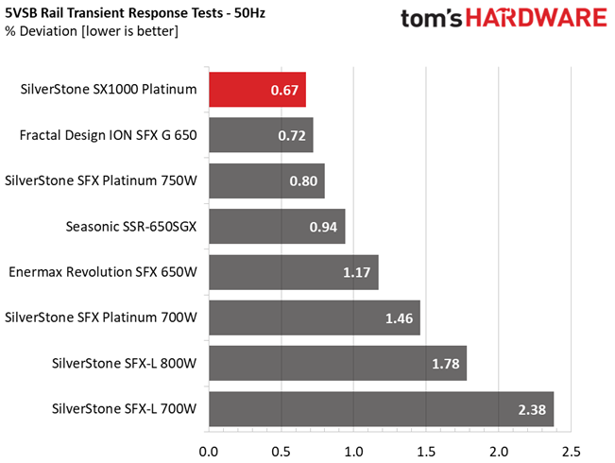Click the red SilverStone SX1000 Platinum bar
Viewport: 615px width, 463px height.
[257, 90]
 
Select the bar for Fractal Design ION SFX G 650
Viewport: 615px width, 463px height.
[261, 135]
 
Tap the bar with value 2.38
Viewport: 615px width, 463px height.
[382, 409]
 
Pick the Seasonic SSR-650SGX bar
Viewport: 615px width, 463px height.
[277, 227]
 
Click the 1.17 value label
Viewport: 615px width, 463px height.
[356, 272]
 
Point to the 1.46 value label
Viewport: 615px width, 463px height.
[399, 318]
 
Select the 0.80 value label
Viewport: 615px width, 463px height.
[303, 180]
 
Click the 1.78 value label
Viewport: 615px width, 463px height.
[446, 364]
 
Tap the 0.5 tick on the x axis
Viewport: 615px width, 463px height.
[282, 452]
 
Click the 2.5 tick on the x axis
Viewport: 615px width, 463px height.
[571, 452]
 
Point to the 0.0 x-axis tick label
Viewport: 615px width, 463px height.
[209, 452]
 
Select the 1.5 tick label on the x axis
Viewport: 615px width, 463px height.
[426, 452]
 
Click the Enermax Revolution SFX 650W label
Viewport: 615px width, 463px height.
[103, 272]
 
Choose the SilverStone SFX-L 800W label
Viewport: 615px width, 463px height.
[125, 363]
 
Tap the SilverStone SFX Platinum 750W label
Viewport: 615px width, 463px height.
[101, 180]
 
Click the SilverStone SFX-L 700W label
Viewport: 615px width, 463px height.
[125, 409]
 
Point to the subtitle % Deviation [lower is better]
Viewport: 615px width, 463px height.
[92, 31]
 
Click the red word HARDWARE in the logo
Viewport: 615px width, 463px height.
[537, 18]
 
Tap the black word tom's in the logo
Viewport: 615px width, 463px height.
[432, 19]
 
